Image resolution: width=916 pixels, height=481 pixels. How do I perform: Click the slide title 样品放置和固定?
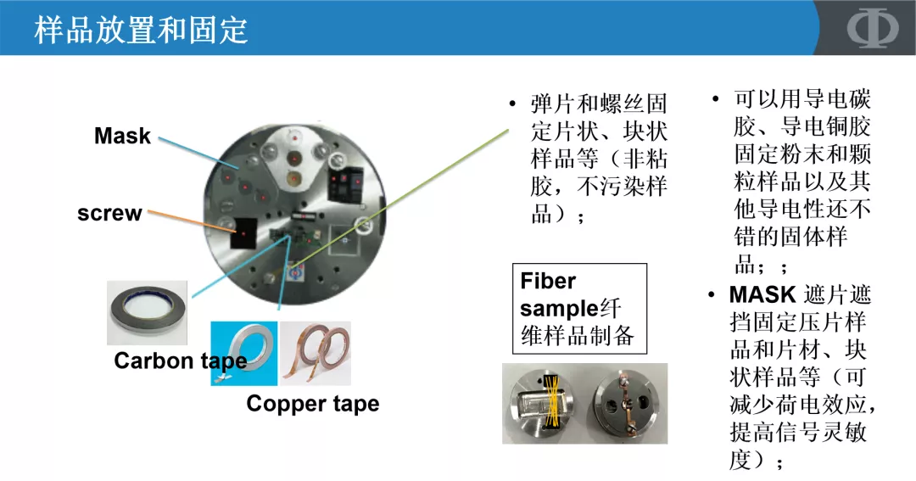click(142, 30)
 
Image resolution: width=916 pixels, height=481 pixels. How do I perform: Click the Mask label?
click(122, 136)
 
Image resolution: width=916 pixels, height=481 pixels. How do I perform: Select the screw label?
click(109, 213)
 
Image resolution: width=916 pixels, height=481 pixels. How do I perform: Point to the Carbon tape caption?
click(181, 361)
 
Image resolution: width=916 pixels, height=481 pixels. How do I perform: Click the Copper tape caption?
click(312, 404)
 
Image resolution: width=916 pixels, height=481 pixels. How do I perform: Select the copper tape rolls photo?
click(316, 351)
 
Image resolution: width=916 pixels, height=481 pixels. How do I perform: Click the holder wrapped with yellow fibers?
click(542, 403)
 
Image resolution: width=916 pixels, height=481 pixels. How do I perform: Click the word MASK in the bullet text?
click(762, 295)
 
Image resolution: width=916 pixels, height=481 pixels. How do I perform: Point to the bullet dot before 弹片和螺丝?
click(512, 104)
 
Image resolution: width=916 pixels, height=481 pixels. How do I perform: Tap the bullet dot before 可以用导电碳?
click(716, 98)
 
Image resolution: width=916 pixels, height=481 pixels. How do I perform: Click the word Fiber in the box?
click(548, 282)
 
